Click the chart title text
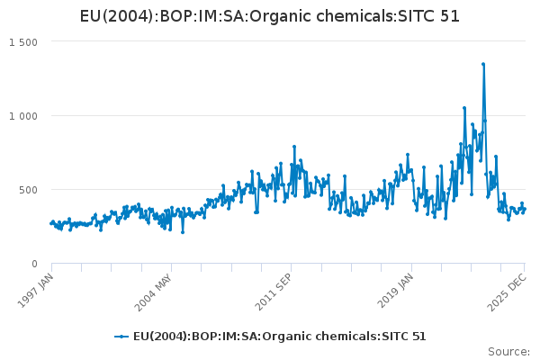click(x=270, y=16)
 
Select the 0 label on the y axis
click(x=34, y=264)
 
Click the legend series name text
click(x=280, y=337)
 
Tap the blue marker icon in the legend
click(x=121, y=337)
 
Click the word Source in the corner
click(x=509, y=351)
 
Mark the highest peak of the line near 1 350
click(x=483, y=64)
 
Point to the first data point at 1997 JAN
click(x=51, y=223)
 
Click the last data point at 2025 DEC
click(x=525, y=209)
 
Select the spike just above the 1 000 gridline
click(x=464, y=108)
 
